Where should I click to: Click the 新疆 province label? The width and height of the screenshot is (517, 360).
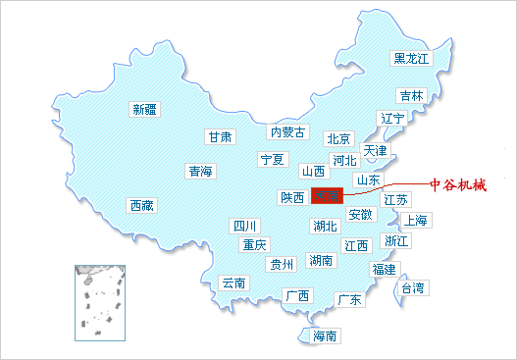(x=144, y=109)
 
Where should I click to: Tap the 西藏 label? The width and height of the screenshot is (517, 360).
(x=142, y=206)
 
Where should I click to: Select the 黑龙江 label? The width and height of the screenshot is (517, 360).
(x=411, y=59)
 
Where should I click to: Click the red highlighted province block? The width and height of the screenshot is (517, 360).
(x=326, y=196)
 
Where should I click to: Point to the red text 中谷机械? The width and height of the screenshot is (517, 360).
(x=458, y=184)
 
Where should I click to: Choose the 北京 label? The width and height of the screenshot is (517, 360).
(x=338, y=138)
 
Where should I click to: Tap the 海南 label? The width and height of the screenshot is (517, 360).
(x=325, y=336)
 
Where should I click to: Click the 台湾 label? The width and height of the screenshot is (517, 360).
(x=412, y=288)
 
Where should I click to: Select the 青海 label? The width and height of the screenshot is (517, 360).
(x=200, y=172)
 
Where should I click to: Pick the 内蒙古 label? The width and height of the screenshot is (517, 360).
(x=288, y=132)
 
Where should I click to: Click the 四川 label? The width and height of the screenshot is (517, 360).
(x=244, y=227)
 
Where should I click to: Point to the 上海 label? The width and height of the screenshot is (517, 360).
(x=414, y=220)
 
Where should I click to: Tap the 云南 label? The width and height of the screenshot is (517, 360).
(x=233, y=283)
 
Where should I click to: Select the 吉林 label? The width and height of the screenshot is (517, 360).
(x=411, y=96)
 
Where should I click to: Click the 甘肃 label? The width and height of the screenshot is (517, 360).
(x=220, y=137)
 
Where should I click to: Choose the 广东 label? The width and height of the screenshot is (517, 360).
(x=349, y=299)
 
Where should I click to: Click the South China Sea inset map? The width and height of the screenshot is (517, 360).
(x=97, y=299)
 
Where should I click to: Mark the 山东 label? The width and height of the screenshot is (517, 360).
(x=368, y=180)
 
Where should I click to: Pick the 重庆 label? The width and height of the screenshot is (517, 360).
(x=255, y=244)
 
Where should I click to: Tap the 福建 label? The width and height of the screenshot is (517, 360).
(x=383, y=269)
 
